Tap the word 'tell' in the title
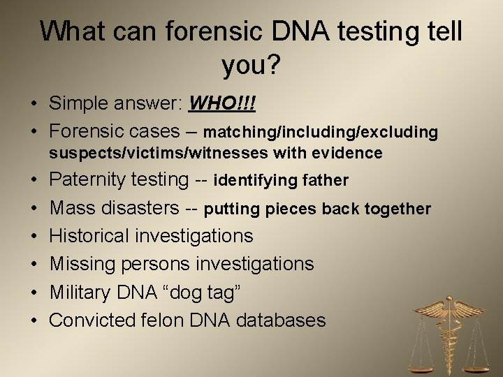click(x=438, y=33)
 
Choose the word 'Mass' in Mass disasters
click(x=74, y=208)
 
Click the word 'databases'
click(x=280, y=320)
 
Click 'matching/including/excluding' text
click(x=321, y=132)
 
